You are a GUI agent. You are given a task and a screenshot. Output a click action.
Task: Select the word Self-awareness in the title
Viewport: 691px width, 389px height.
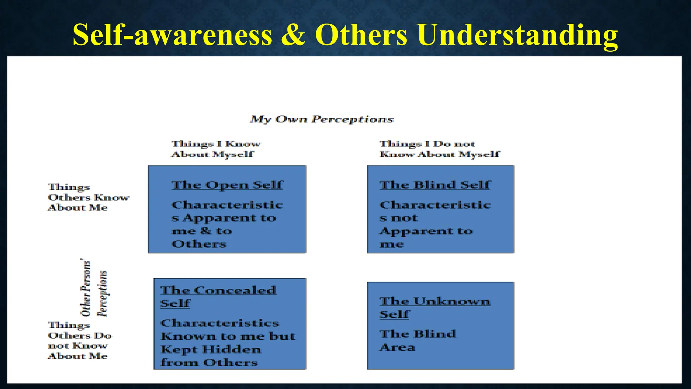(x=172, y=35)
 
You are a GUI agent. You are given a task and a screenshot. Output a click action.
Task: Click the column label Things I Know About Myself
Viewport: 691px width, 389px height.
(x=216, y=149)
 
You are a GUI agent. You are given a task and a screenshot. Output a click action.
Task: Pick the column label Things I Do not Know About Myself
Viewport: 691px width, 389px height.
(x=439, y=149)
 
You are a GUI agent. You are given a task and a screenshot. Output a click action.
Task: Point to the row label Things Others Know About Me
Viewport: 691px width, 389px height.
(x=88, y=197)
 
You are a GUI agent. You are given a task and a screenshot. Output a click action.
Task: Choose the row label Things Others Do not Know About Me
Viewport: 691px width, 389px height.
(x=80, y=340)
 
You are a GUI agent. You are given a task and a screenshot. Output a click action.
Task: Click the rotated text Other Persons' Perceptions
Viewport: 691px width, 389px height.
(x=94, y=288)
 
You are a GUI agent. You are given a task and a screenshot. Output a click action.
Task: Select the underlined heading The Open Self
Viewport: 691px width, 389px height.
(x=227, y=185)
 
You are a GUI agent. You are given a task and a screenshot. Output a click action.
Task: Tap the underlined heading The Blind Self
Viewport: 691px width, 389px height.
(x=435, y=185)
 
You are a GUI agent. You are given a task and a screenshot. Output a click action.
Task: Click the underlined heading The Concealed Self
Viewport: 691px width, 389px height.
(x=218, y=296)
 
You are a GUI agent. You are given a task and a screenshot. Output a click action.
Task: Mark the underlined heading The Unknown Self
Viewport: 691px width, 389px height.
(x=435, y=307)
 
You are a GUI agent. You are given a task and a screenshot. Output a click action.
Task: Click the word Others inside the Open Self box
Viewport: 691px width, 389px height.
(x=199, y=244)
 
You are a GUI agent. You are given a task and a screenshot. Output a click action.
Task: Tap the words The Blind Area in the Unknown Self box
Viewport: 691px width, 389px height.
(x=417, y=340)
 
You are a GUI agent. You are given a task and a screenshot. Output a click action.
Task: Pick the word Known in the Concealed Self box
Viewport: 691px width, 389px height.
(x=188, y=336)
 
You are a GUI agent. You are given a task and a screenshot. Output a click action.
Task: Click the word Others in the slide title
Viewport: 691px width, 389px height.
(x=361, y=35)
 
